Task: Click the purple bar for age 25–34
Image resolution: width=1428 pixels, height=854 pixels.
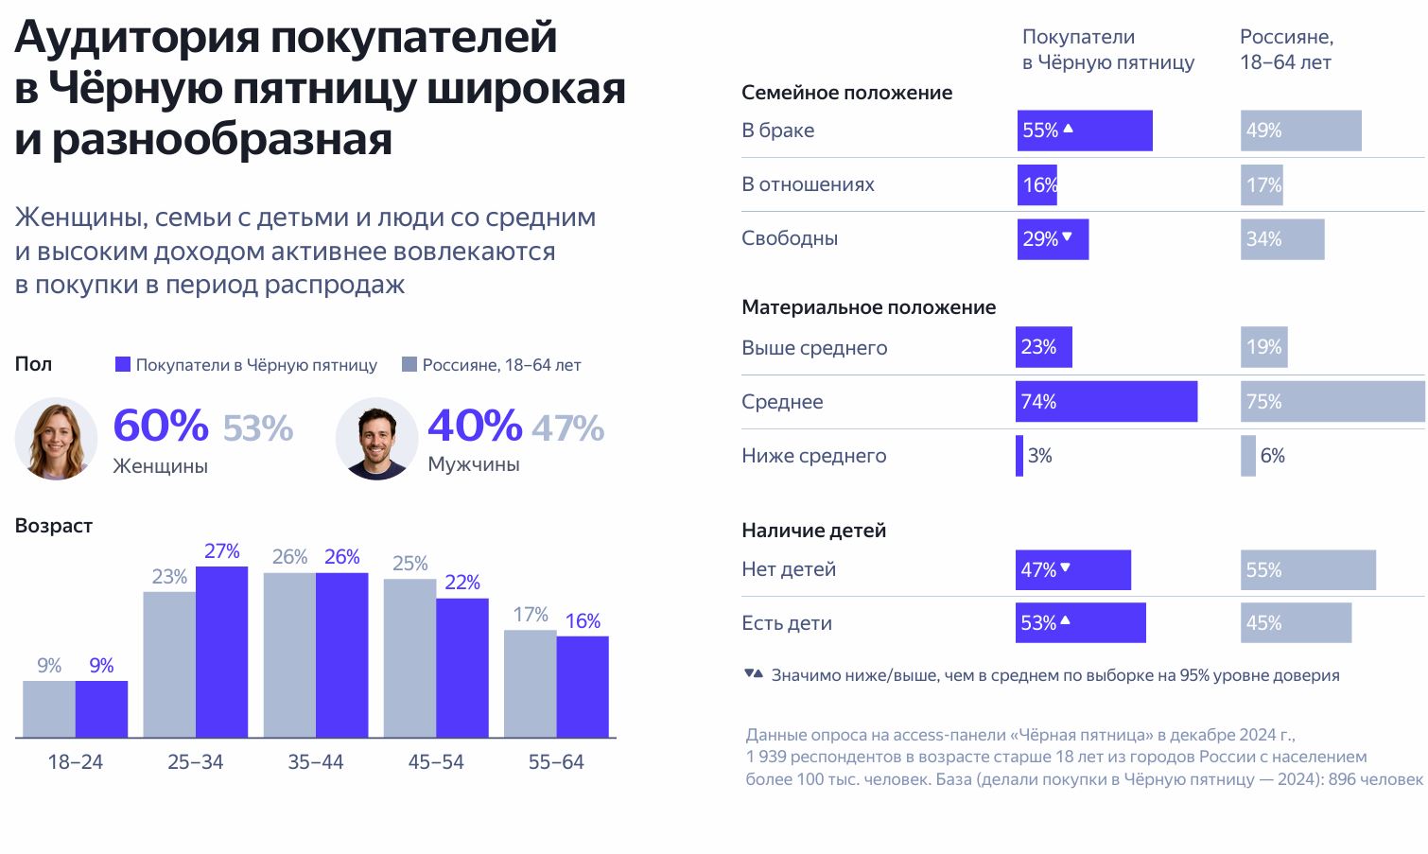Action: pos(221,652)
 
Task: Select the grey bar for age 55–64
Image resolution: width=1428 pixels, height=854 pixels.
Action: pos(530,683)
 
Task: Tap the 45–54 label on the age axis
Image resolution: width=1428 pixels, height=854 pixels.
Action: pos(436,762)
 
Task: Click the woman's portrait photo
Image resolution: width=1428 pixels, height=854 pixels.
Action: pos(56,439)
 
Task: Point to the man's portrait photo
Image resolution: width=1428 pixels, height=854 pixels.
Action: pos(376,439)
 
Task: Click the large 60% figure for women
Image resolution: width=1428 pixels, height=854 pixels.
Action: pos(161,426)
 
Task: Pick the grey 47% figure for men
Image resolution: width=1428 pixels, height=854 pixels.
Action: pos(567,428)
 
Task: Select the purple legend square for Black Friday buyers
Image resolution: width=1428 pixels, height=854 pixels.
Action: pos(123,364)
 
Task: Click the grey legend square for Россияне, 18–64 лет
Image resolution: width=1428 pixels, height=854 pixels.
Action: pos(409,364)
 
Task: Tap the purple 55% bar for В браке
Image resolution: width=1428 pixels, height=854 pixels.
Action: pos(1085,131)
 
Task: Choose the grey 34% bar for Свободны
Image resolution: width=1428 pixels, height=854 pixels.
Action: pos(1282,239)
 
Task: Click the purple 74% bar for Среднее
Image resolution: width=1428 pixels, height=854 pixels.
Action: pos(1106,402)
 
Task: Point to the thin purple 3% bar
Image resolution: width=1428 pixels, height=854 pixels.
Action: pos(1019,456)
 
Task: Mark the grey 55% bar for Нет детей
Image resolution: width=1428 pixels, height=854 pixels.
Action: pos(1308,570)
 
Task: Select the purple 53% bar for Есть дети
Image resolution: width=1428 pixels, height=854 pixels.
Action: pos(1080,623)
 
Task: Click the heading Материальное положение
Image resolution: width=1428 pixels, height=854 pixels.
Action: pos(868,307)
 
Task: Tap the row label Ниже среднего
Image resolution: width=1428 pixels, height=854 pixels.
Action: pos(813,456)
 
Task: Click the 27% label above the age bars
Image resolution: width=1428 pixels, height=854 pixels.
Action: pos(222,551)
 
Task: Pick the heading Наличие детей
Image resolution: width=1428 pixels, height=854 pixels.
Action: pos(813,531)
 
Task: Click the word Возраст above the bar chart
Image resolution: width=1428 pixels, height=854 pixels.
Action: pos(54,526)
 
